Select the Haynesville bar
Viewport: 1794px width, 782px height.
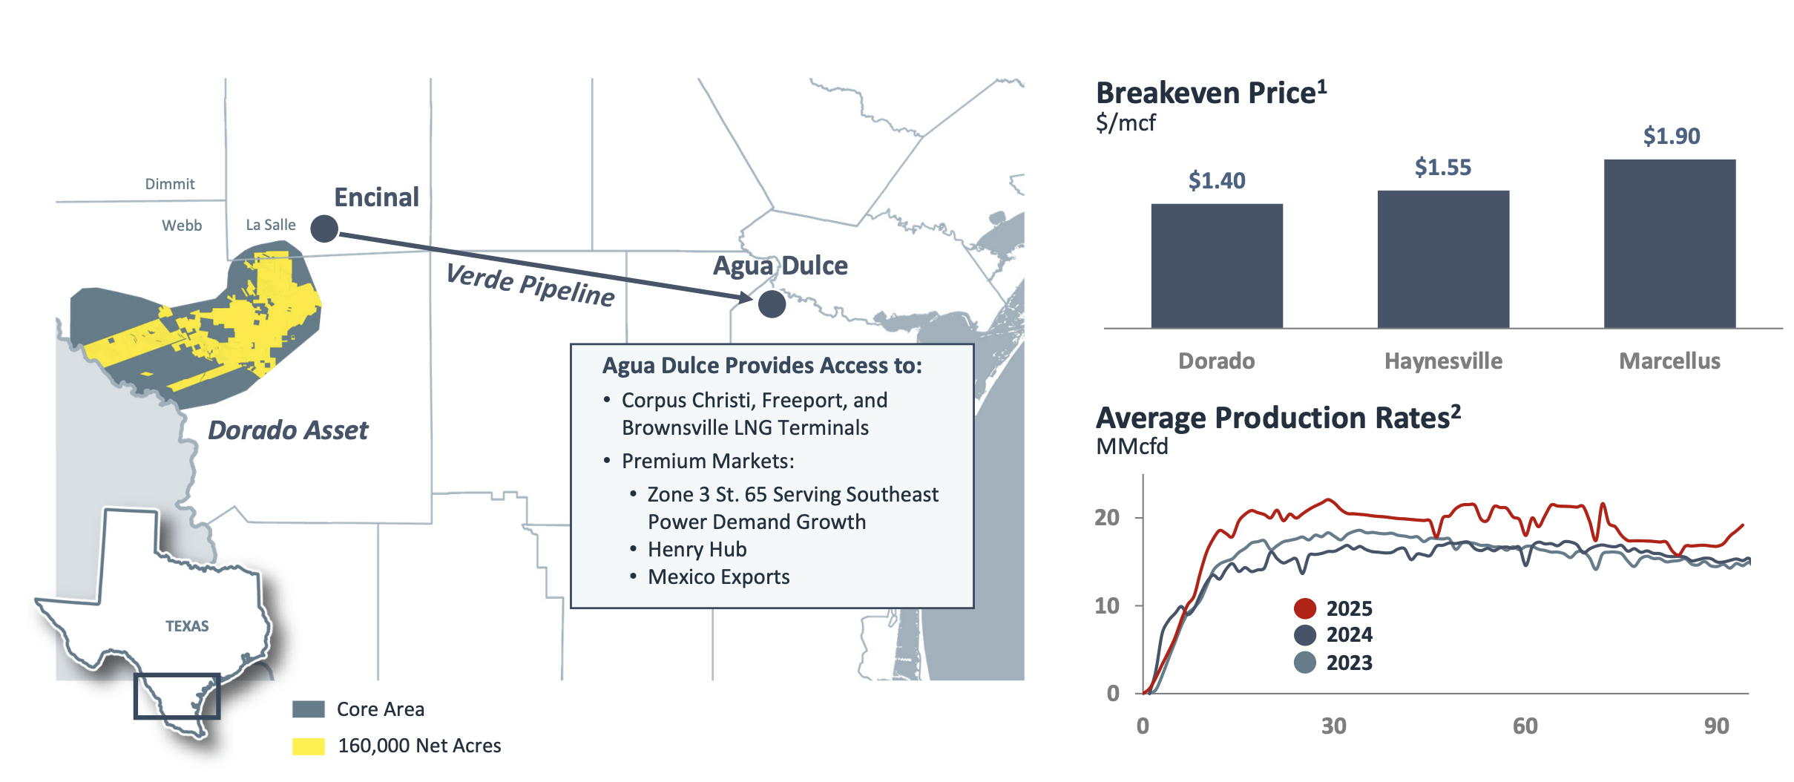point(1442,259)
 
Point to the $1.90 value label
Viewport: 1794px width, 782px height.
point(1671,136)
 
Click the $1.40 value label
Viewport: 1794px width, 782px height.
point(1216,180)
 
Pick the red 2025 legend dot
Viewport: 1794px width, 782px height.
point(1304,608)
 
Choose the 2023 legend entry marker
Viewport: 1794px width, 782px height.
point(1304,663)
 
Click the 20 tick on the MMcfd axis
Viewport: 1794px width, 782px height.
point(1107,517)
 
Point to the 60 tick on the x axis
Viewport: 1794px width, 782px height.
point(1525,726)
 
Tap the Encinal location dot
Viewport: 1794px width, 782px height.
point(324,229)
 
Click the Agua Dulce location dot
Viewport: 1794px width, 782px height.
point(772,303)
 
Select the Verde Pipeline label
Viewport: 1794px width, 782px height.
point(530,285)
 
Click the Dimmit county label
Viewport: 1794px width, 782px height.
point(169,184)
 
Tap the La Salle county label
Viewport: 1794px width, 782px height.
point(270,225)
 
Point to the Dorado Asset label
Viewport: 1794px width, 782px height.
point(288,430)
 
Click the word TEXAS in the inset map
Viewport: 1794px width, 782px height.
point(187,626)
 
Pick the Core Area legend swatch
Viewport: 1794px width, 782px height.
point(308,709)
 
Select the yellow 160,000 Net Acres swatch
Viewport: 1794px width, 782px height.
point(308,746)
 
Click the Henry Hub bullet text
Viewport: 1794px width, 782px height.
point(697,549)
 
